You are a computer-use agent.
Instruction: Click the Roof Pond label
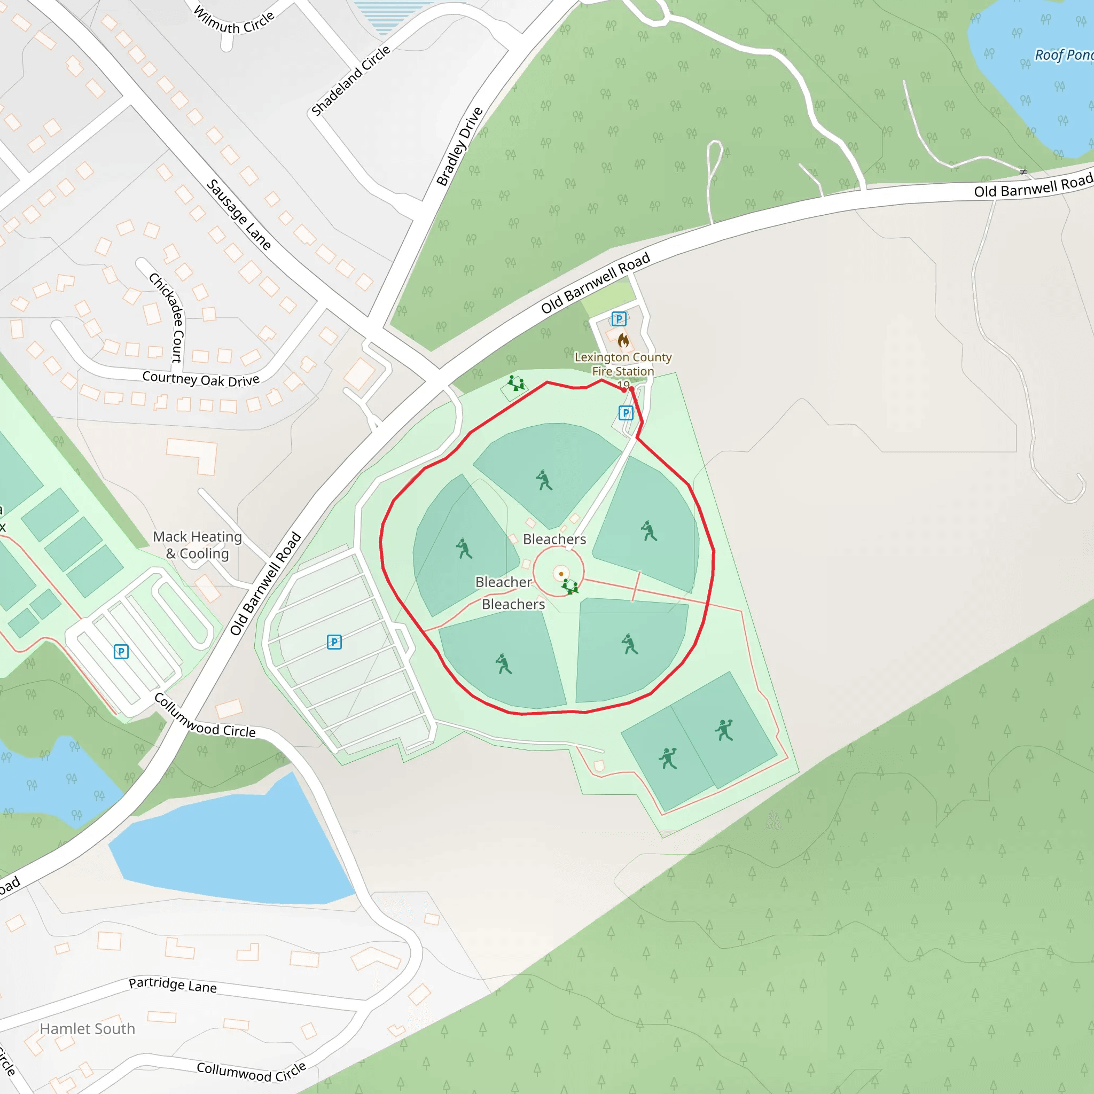point(1064,55)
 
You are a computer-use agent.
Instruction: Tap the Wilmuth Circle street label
point(234,20)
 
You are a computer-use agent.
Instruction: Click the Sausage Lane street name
point(238,214)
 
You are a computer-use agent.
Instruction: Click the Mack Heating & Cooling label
point(198,544)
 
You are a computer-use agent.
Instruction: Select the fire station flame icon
point(623,340)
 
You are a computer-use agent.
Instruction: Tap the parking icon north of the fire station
point(619,318)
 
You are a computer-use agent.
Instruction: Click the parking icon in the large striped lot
point(334,642)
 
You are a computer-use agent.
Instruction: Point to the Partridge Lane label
point(173,985)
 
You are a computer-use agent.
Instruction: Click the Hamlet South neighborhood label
point(87,1028)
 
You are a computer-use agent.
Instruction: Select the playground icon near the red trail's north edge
point(515,384)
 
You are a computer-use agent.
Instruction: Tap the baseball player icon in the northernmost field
point(544,480)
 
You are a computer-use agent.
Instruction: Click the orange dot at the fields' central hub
point(560,574)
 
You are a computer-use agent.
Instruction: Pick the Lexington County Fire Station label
point(623,364)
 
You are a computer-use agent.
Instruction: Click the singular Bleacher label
point(503,582)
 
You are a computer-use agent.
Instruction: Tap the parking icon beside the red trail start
point(625,413)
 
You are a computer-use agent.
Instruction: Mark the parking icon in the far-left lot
point(121,651)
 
